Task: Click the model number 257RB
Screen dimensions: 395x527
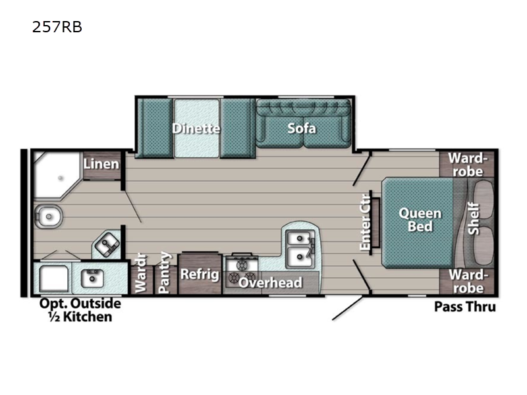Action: click(57, 28)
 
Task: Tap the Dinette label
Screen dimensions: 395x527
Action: click(196, 128)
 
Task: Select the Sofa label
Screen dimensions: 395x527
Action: click(302, 128)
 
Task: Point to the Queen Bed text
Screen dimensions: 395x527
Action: click(420, 220)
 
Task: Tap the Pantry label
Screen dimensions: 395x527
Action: click(165, 273)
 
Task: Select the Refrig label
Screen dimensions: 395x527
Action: click(200, 274)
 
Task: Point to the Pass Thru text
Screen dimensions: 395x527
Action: click(464, 307)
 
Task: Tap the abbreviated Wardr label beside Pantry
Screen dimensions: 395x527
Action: click(140, 273)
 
